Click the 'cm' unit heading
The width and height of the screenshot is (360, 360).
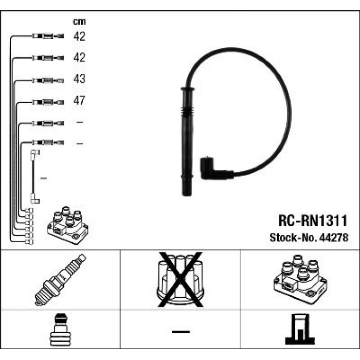pyautogui.click(x=79, y=22)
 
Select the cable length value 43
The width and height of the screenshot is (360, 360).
pyautogui.click(x=79, y=79)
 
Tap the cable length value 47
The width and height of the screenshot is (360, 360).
pyautogui.click(x=79, y=100)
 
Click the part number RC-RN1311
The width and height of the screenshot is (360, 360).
pyautogui.click(x=313, y=221)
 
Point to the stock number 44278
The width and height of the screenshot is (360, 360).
pyautogui.click(x=334, y=238)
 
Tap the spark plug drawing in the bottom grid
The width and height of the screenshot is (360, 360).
pyautogui.click(x=60, y=280)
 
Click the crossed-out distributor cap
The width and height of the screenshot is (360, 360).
pyautogui.click(x=181, y=280)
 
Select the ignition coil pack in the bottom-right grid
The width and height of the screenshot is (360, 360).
pyautogui.click(x=300, y=279)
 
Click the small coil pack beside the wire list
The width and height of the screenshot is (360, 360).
pyautogui.click(x=67, y=225)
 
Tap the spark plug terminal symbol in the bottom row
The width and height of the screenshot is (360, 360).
pyautogui.click(x=61, y=330)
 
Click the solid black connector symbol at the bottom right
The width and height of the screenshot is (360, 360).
pyautogui.click(x=300, y=329)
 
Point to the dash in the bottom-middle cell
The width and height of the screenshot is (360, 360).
pyautogui.click(x=181, y=332)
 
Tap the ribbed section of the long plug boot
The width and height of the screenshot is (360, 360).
pyautogui.click(x=187, y=112)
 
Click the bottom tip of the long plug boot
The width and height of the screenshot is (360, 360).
pyautogui.click(x=187, y=195)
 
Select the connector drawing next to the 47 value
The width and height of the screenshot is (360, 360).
pyautogui.click(x=48, y=102)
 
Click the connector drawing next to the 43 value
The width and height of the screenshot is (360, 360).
pyautogui.click(x=48, y=81)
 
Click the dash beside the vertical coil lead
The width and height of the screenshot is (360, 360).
pyautogui.click(x=43, y=178)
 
